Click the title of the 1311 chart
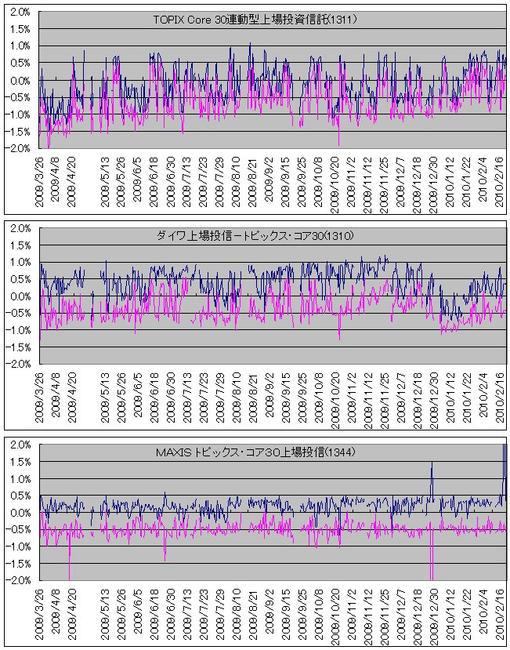[x=255, y=20]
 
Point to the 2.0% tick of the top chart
[x=20, y=13]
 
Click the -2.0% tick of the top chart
[x=19, y=148]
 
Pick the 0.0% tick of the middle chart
[x=20, y=296]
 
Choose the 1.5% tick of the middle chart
[x=20, y=245]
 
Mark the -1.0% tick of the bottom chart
[x=19, y=547]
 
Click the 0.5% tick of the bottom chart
[x=20, y=496]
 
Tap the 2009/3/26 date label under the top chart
[x=40, y=179]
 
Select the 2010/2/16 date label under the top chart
[x=498, y=179]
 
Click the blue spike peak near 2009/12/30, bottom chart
[x=432, y=463]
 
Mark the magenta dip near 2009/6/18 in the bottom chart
[x=165, y=560]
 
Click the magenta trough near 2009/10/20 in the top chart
[x=339, y=144]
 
